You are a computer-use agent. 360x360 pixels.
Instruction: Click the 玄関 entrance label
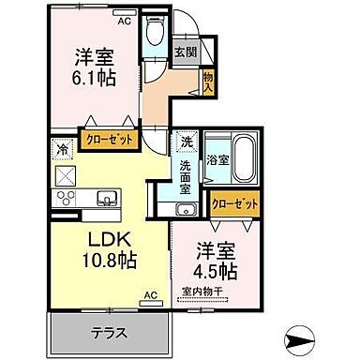186,52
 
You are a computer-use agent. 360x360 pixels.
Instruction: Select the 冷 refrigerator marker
63,148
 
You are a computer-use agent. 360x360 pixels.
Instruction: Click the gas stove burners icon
67,197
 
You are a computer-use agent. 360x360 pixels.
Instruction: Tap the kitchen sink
107,198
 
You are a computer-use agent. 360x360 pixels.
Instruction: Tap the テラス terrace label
109,334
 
